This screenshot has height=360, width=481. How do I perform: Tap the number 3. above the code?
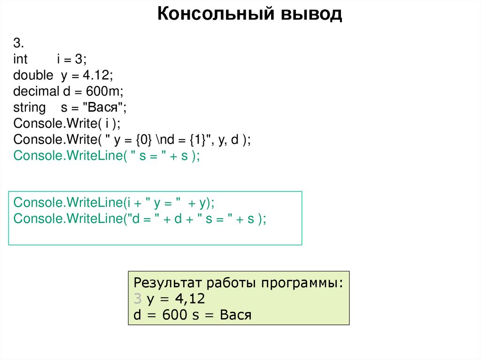click(x=19, y=43)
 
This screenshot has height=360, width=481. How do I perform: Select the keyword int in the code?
click(x=21, y=59)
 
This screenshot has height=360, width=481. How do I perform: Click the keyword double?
click(x=33, y=75)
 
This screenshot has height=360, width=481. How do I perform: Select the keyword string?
click(x=30, y=107)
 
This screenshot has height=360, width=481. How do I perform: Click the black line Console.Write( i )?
click(x=67, y=123)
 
